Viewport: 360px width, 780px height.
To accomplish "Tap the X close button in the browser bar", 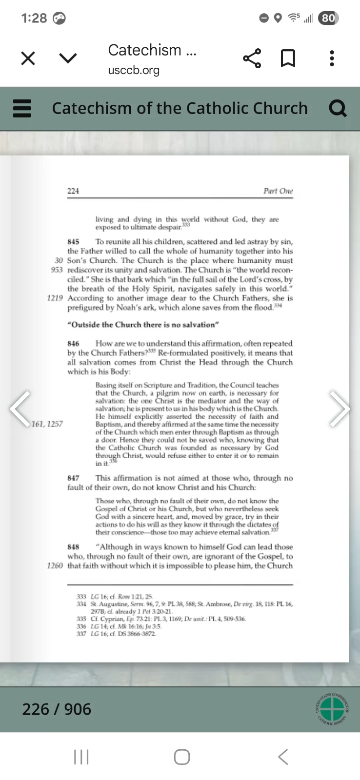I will point(28,58).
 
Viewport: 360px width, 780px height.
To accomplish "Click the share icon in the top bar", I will point(252,58).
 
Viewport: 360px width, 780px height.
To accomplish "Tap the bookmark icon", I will point(288,58).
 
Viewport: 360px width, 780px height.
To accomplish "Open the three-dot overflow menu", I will point(332,58).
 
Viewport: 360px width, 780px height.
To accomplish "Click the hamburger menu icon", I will point(21,108).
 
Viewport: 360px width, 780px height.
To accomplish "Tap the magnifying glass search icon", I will point(338,108).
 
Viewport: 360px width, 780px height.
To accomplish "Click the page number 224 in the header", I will point(73,191).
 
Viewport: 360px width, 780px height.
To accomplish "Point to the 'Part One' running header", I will point(278,191).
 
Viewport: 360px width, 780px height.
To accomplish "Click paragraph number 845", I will point(73,242).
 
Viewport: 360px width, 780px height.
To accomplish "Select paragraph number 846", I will point(73,344).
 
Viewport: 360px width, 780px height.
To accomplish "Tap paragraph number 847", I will point(73,478).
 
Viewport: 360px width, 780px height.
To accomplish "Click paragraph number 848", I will point(73,547).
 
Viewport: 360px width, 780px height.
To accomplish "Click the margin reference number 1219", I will point(55,298).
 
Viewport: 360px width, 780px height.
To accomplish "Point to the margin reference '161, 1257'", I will point(47,424).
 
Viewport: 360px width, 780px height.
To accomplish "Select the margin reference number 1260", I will point(55,565).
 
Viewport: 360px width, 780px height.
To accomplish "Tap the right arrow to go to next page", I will point(340,409).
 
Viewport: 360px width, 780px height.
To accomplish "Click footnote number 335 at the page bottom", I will point(81,619).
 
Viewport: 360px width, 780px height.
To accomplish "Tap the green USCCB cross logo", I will point(332,709).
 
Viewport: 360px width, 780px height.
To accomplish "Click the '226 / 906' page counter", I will point(57,709).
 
